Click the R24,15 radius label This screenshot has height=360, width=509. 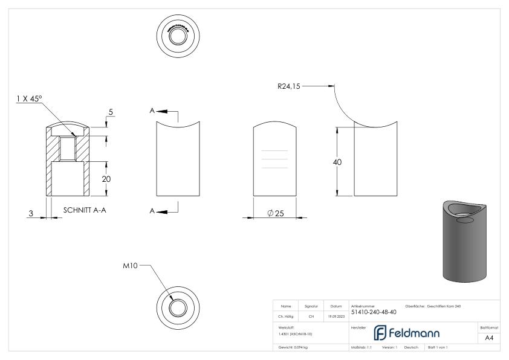click(288, 86)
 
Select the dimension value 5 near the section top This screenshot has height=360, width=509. click(111, 111)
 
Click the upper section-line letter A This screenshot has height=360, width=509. click(153, 111)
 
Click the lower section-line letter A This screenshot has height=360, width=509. click(153, 211)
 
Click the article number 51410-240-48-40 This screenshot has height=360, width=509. click(374, 312)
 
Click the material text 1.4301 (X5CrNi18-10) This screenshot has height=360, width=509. click(292, 333)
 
